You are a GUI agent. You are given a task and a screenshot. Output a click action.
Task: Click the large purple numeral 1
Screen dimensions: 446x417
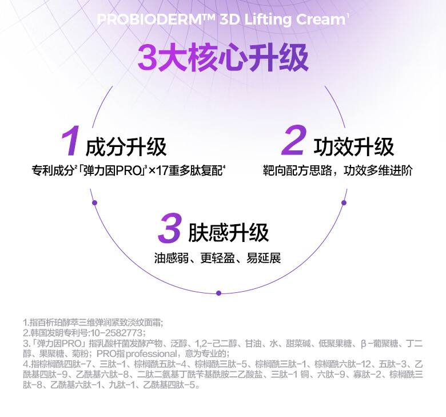(x=70, y=142)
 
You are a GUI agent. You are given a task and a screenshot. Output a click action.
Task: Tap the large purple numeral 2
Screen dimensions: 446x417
(x=294, y=142)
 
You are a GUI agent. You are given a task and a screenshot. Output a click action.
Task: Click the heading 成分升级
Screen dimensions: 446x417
(x=126, y=147)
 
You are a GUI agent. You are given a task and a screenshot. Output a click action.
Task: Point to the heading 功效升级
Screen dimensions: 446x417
(x=354, y=147)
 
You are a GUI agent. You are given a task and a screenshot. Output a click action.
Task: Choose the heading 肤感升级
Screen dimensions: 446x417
(x=228, y=233)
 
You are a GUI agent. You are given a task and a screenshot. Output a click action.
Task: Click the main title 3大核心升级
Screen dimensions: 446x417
(x=223, y=59)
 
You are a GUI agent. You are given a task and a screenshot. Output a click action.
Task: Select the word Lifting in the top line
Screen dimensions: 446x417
(x=268, y=20)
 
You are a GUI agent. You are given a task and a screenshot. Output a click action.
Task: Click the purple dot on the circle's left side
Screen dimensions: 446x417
(x=95, y=202)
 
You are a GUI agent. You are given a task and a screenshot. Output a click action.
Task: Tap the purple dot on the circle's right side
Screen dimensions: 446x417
(x=344, y=202)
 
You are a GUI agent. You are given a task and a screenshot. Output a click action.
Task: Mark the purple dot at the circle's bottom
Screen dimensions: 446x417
(x=218, y=293)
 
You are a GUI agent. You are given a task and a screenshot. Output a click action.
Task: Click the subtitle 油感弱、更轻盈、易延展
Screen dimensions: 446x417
(x=217, y=258)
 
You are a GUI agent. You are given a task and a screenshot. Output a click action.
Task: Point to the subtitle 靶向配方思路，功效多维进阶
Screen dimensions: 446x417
(x=337, y=170)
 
